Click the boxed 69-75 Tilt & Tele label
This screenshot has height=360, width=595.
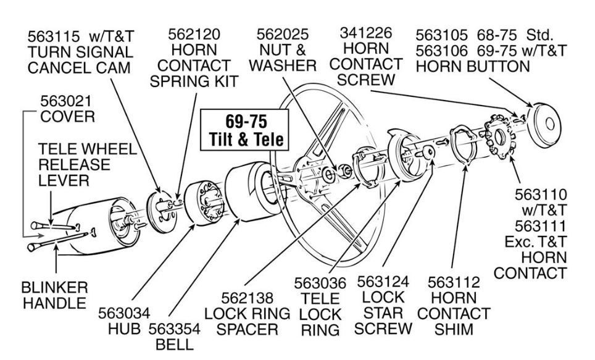click(x=244, y=129)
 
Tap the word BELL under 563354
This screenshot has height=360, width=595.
click(x=174, y=344)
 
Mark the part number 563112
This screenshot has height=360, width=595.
click(x=453, y=282)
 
